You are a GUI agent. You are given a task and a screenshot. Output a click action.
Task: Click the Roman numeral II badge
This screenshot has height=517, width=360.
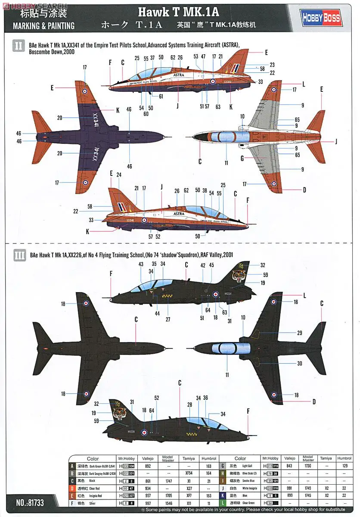pyautogui.click(x=19, y=45)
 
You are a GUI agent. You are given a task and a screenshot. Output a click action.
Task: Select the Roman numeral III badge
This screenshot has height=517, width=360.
pyautogui.click(x=19, y=255)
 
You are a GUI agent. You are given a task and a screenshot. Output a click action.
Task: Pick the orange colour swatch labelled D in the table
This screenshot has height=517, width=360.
pyautogui.click(x=72, y=489)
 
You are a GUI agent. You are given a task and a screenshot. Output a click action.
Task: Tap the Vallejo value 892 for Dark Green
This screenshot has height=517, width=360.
pyautogui.click(x=148, y=466)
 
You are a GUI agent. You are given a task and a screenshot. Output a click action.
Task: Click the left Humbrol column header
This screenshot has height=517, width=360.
pyautogui.click(x=208, y=459)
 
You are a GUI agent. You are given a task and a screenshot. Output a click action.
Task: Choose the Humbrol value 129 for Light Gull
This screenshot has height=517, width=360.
pyautogui.click(x=344, y=466)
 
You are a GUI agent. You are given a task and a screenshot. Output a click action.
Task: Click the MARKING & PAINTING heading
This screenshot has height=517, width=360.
pyautogui.click(x=43, y=26)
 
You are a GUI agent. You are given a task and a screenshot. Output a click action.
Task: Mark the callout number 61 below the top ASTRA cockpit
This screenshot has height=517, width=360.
pyautogui.click(x=161, y=97)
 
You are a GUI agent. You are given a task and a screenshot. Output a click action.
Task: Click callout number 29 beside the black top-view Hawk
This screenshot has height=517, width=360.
pyautogui.click(x=299, y=333)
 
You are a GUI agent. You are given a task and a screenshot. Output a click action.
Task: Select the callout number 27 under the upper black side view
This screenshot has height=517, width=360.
pyautogui.click(x=168, y=320)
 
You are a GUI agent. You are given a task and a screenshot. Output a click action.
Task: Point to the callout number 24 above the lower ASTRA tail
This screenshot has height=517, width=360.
pyautogui.click(x=119, y=175)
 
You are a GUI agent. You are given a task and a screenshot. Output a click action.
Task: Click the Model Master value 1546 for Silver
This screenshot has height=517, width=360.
pyautogui.click(x=168, y=503)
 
